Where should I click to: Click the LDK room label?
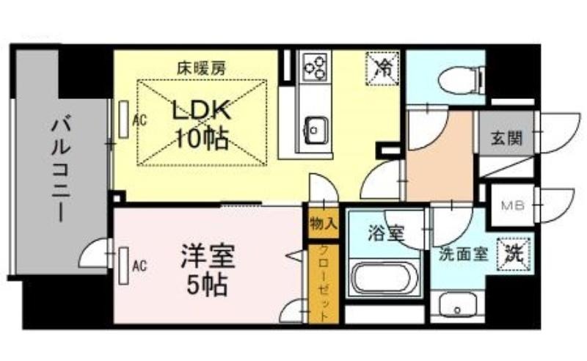pyautogui.click(x=200, y=112)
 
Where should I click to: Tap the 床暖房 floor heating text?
pyautogui.click(x=201, y=68)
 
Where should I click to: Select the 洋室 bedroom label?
pyautogui.click(x=208, y=256)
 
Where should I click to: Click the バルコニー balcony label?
pyautogui.click(x=62, y=169)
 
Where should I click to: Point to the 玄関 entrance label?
pyautogui.click(x=506, y=139)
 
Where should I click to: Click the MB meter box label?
pyautogui.click(x=512, y=205)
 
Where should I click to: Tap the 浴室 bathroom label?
pyautogui.click(x=386, y=234)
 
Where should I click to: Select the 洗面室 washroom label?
pyautogui.click(x=464, y=255)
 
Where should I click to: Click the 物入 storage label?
pyautogui.click(x=324, y=225)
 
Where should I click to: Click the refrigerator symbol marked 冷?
pyautogui.click(x=382, y=69)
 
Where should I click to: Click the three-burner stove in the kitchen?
pyautogui.click(x=316, y=67)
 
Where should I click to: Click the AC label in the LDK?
pyautogui.click(x=140, y=120)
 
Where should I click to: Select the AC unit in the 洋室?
pyautogui.click(x=123, y=266)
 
